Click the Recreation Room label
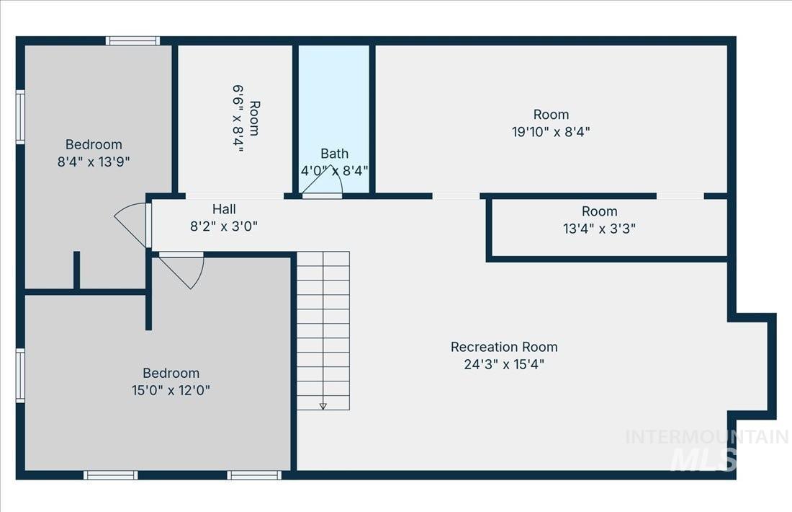click(504, 347)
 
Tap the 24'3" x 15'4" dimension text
click(504, 364)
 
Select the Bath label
click(334, 153)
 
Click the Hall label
click(224, 209)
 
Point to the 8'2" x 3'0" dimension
click(224, 226)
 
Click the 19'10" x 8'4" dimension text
click(552, 131)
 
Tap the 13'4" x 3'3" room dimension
click(600, 229)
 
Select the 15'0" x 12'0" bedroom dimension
click(171, 390)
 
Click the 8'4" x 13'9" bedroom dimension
click(94, 161)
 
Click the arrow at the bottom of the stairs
click(323, 406)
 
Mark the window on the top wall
click(132, 41)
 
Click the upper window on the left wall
click(21, 117)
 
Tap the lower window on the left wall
click(21, 375)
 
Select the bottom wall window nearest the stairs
click(254, 475)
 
